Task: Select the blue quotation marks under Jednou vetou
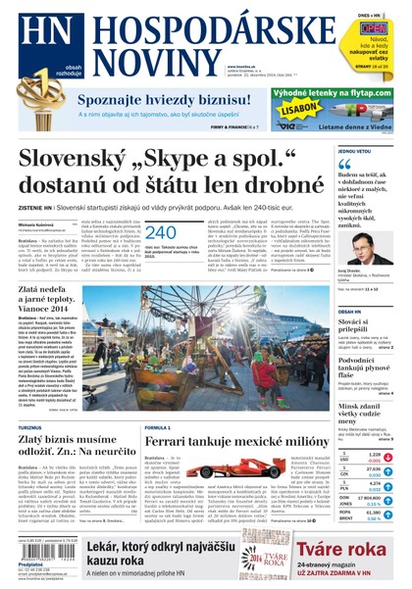pyautogui.click(x=344, y=168)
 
